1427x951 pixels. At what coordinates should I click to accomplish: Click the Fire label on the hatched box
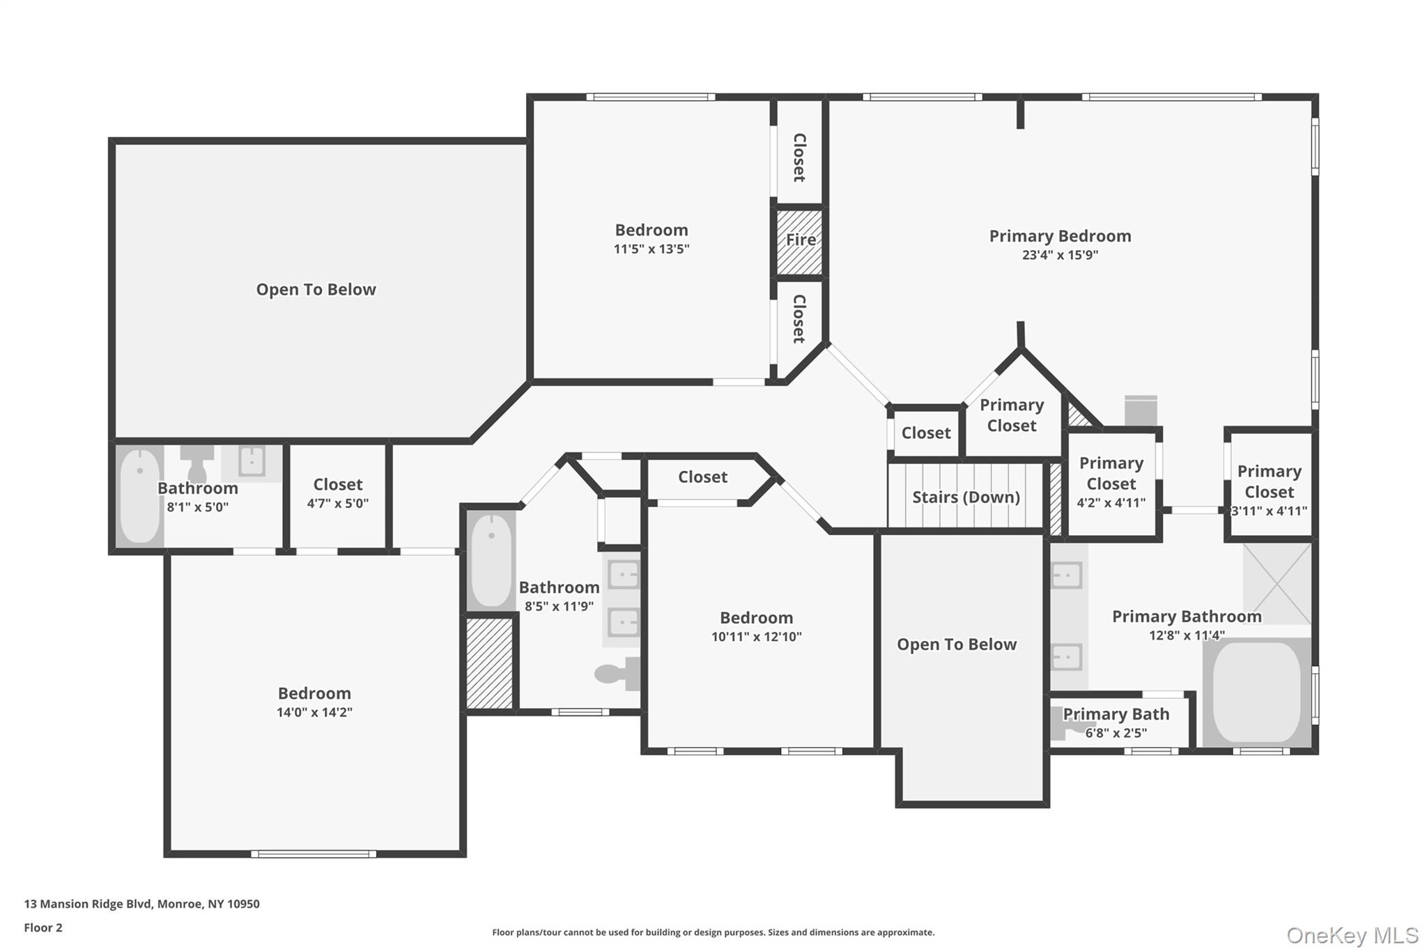pos(801,240)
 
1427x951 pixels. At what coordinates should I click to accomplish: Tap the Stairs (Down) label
pos(966,497)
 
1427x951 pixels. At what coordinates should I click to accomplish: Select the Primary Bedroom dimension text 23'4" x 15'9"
pos(1060,255)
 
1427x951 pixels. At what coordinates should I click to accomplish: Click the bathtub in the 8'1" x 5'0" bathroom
pos(139,495)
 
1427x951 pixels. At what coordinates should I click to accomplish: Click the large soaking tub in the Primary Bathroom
pos(1256,692)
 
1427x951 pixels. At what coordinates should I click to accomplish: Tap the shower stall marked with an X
pos(1277,584)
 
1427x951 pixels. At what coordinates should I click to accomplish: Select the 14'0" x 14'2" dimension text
pos(314,712)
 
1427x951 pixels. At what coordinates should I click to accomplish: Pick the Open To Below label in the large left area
pos(316,290)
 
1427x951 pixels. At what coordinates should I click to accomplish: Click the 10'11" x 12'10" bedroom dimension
pos(756,637)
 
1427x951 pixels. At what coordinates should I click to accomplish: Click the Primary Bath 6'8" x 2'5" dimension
pos(1116,733)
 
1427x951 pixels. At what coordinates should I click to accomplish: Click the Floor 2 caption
pos(43,928)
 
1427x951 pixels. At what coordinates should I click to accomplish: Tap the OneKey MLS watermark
pos(1352,935)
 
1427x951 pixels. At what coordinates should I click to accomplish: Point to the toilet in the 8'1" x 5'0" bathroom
pos(197,463)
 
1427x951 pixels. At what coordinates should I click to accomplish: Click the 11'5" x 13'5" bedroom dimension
pos(651,249)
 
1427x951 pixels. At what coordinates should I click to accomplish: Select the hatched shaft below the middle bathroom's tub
pos(489,663)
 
